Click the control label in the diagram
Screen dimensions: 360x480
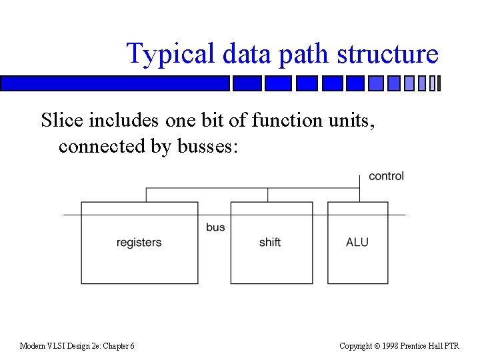[386, 177]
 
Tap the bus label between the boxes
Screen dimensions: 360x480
[215, 227]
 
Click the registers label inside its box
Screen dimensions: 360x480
[139, 243]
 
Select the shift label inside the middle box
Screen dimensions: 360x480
[270, 242]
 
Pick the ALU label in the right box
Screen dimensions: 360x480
[357, 242]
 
